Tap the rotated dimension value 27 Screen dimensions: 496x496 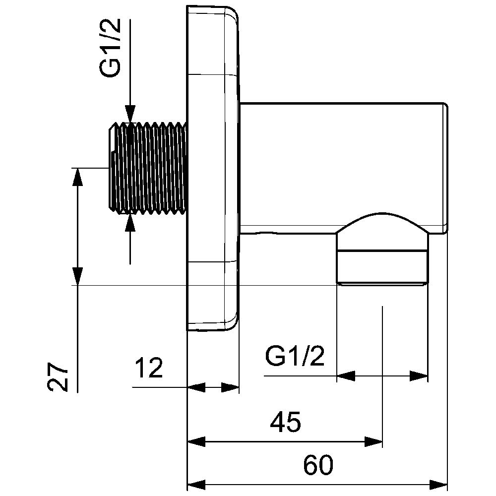pos(59,377)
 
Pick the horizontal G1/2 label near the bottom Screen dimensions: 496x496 pos(295,356)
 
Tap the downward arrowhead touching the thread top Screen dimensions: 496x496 pos(130,116)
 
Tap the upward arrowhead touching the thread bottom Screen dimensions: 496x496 pos(130,223)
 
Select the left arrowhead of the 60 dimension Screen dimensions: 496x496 pos(196,484)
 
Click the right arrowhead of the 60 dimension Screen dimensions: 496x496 pos(438,484)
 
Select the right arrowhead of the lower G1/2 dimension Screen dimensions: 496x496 pos(419,376)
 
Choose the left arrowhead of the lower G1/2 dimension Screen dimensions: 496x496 pos(346,376)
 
